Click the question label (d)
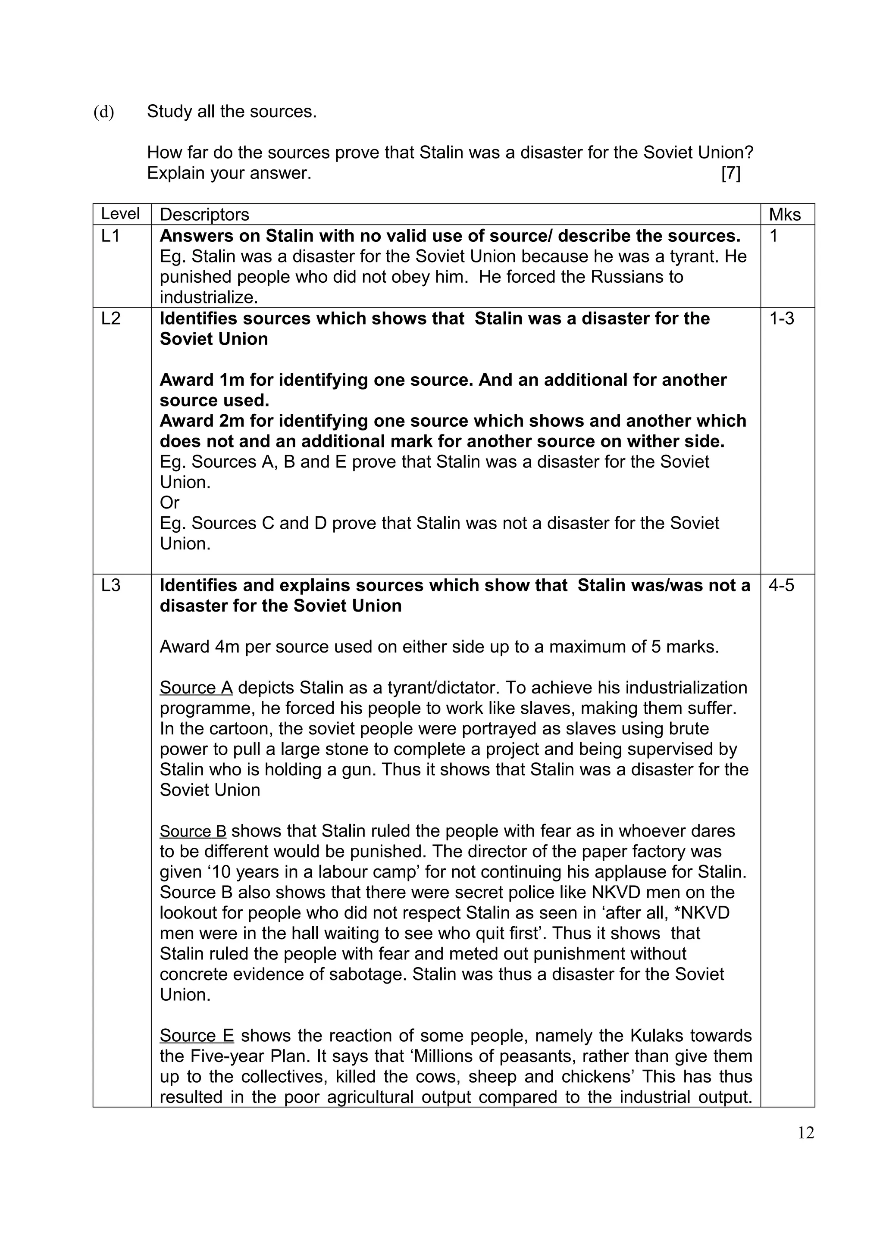click(x=104, y=112)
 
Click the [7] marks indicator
click(x=731, y=174)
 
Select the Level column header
click(x=120, y=214)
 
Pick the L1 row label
click(x=110, y=236)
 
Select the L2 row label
click(x=110, y=318)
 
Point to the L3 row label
click(x=110, y=585)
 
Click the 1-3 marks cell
click(x=781, y=318)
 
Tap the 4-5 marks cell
click(x=781, y=585)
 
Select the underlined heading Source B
click(x=193, y=831)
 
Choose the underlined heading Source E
click(x=197, y=1036)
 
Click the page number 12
click(x=806, y=1133)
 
